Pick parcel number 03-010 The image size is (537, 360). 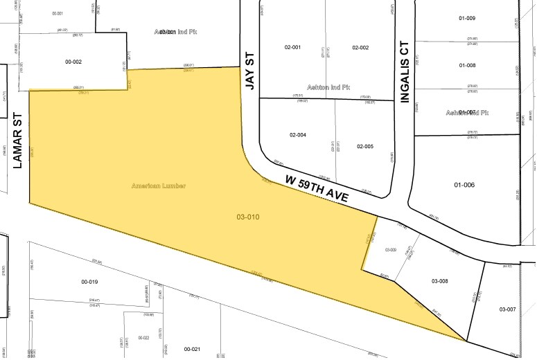(x=247, y=217)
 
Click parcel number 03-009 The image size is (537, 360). (x=389, y=250)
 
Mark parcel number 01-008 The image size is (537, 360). (x=466, y=65)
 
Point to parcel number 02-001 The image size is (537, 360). (x=292, y=47)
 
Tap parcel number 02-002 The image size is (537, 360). (x=360, y=47)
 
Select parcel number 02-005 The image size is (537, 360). (x=365, y=146)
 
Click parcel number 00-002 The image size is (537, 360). (x=73, y=62)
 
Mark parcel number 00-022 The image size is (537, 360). (x=143, y=338)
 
